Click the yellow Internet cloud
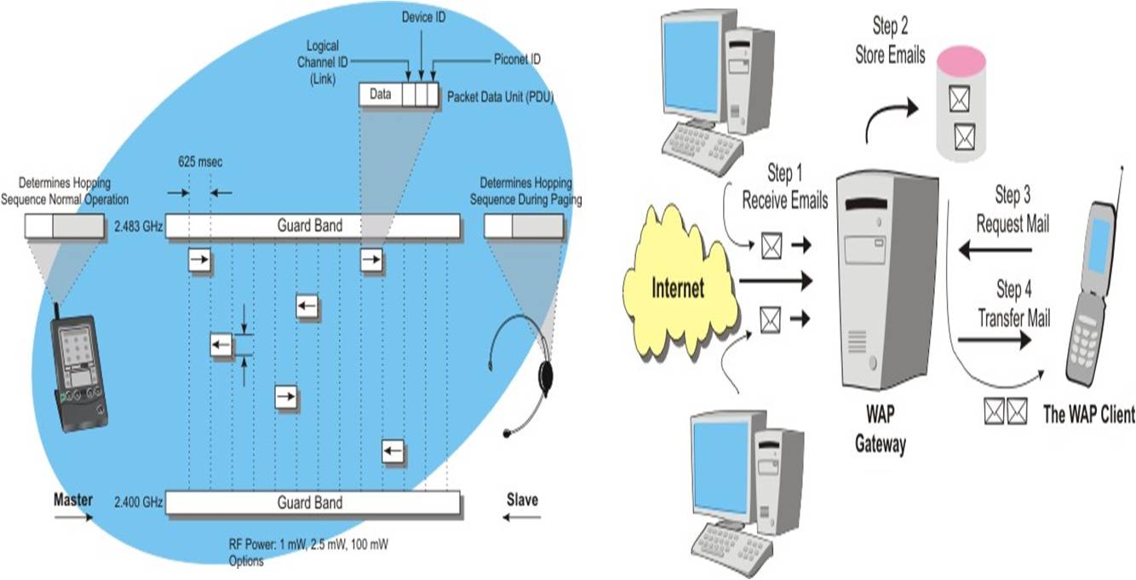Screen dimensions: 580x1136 coord(680,287)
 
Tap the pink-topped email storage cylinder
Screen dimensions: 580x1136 coord(960,104)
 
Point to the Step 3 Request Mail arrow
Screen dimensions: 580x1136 coord(995,250)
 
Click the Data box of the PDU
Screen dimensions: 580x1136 coord(381,95)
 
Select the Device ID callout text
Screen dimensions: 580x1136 coord(423,16)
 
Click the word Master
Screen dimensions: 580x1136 coord(72,500)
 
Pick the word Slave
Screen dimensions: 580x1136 coord(522,500)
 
